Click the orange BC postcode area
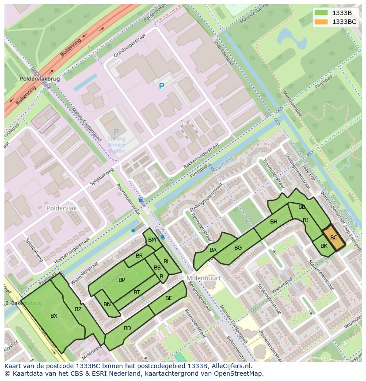pos(334,238)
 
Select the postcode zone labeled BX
pos(53,316)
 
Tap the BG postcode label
pos(238,248)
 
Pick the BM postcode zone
pos(152,240)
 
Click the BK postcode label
pos(324,246)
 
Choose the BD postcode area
pos(127,328)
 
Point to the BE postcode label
pos(168,298)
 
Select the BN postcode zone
pos(107,304)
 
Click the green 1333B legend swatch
pos(321,13)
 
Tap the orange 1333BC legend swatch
pos(321,22)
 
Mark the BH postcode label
pos(274,222)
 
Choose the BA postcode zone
pos(213,250)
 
